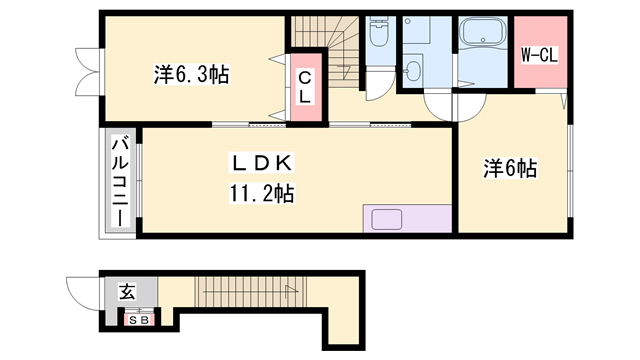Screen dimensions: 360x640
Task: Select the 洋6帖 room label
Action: tap(511, 169)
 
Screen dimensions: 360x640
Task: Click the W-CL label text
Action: tap(538, 55)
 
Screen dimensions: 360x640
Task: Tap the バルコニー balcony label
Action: tap(119, 181)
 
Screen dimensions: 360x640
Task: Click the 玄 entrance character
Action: tap(127, 292)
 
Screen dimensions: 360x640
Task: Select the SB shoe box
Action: tap(138, 320)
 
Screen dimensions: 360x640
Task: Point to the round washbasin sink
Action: tap(414, 71)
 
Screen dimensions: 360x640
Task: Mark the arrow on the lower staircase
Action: tap(290, 290)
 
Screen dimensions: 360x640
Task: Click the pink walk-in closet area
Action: tap(538, 55)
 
